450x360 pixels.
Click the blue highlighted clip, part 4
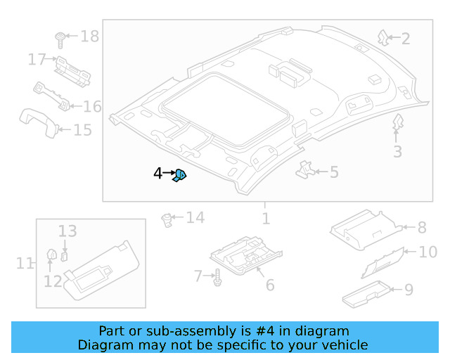point(180,174)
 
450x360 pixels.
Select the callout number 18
point(90,36)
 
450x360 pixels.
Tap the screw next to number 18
point(60,37)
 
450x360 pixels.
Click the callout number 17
point(37,60)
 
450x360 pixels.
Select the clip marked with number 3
point(397,124)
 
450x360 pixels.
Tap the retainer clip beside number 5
point(307,169)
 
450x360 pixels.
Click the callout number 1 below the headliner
point(266,219)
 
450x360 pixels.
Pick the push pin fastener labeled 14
point(167,219)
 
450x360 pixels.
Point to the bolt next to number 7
point(217,278)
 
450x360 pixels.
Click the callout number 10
point(427,252)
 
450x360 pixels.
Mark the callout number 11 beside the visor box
point(25,264)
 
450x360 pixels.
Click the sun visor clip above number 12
point(51,254)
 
